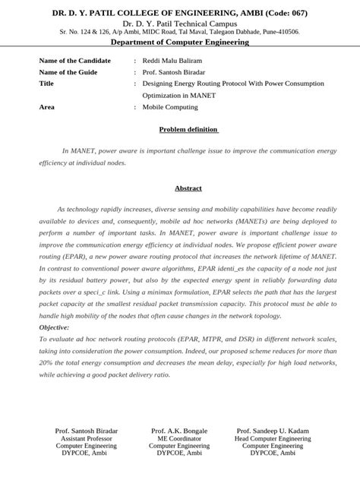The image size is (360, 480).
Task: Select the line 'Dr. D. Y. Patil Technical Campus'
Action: coord(179,24)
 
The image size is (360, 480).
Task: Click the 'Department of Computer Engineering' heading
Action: coord(180,43)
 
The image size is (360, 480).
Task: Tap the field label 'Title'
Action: coord(46,84)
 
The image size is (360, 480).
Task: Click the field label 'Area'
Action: coord(46,107)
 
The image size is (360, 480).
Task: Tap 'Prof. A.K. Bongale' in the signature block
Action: coord(179,431)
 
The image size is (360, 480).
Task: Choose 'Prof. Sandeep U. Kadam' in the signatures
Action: coord(273,431)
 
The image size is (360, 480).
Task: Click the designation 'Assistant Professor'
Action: coord(86,438)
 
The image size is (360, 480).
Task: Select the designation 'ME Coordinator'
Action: coord(179,438)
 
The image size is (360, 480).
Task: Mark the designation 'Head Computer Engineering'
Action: coord(273,438)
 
